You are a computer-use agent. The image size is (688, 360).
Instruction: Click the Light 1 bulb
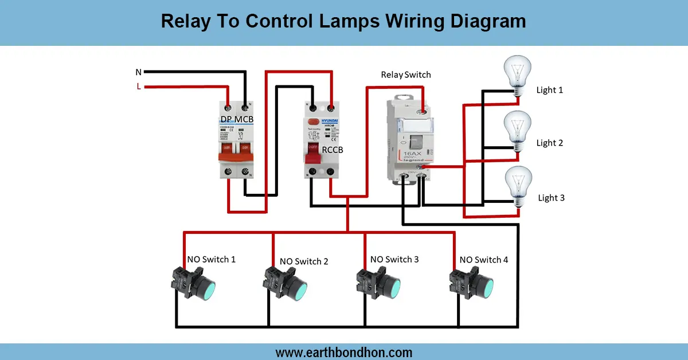518,72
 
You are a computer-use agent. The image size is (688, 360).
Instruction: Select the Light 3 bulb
518,183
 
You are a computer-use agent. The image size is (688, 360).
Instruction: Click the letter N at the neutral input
138,72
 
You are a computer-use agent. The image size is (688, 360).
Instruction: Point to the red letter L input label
138,87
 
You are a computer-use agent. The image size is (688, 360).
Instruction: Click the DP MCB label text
236,119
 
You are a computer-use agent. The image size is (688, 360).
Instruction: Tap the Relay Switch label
405,75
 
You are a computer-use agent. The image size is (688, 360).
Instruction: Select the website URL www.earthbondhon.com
344,352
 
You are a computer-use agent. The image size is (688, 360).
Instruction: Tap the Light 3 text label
551,198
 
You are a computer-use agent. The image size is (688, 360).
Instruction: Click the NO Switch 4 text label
483,260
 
